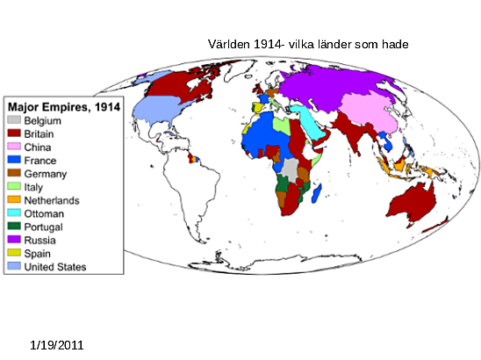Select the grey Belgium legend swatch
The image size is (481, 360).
13,119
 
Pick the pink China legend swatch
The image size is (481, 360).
13,147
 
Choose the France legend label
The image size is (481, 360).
40,161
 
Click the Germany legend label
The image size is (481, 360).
45,174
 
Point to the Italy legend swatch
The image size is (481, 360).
13,187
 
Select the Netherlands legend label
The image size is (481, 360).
52,200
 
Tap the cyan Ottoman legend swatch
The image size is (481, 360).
13,213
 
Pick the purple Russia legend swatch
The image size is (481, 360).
13,240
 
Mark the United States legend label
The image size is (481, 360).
55,266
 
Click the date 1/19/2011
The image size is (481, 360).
56,346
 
